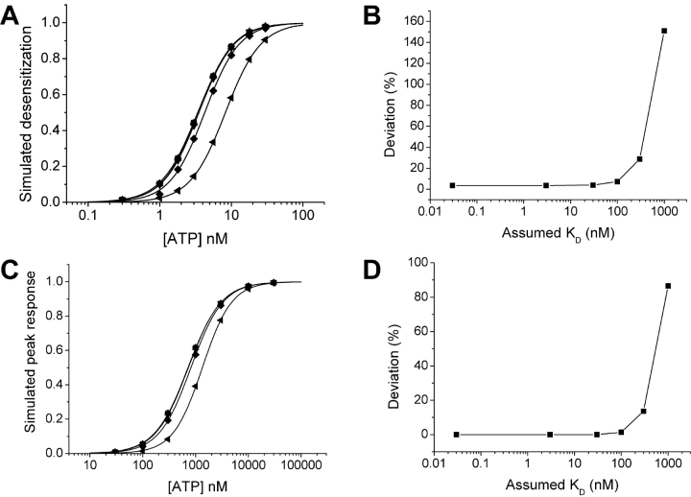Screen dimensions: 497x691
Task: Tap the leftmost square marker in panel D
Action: coord(456,435)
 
